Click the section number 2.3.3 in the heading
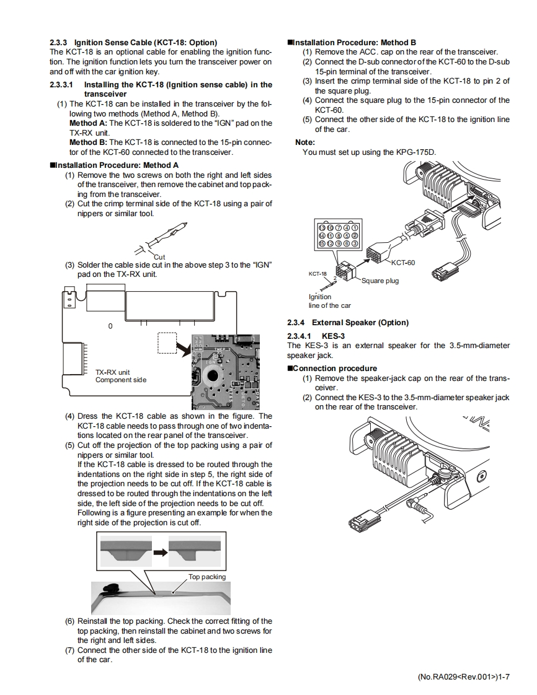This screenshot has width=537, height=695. pos(59,42)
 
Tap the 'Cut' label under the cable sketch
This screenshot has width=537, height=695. pos(159,256)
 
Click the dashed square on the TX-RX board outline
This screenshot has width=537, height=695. pos(167,343)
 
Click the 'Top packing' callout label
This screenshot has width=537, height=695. pos(207,577)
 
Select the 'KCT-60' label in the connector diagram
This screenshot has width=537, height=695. pos(403,263)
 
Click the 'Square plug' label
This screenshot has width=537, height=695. pos(380,281)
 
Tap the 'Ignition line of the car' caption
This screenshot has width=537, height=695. pos(329,301)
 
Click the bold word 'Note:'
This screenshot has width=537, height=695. pos(306,142)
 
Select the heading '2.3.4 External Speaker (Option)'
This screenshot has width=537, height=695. pos(348,323)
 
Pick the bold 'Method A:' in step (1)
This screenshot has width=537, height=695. pos(87,123)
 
